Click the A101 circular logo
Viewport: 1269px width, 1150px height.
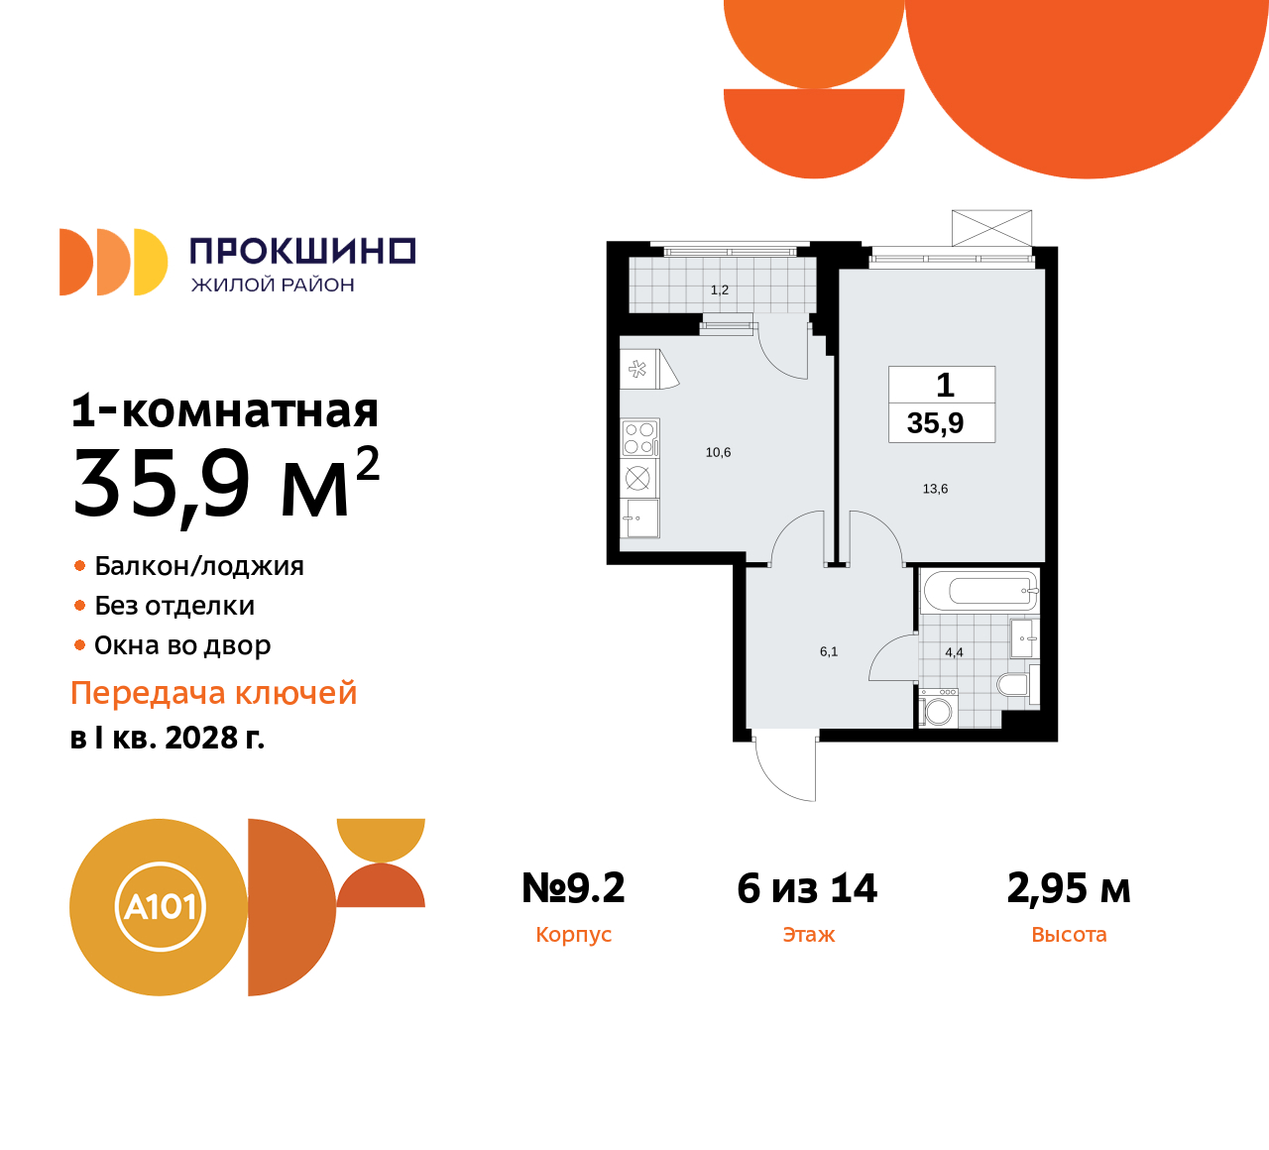(160, 907)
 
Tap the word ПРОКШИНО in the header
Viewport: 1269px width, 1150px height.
(302, 251)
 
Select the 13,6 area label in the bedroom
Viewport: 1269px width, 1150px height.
(935, 489)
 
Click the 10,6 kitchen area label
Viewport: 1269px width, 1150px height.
(718, 453)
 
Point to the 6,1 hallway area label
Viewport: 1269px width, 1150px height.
(829, 652)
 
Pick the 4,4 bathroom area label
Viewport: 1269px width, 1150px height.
(954, 652)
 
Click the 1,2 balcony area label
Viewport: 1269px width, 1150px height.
(720, 290)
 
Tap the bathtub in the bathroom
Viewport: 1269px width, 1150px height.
(980, 592)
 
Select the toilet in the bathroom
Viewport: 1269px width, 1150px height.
(1013, 685)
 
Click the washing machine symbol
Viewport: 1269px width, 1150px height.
(938, 711)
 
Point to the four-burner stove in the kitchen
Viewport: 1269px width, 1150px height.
(639, 437)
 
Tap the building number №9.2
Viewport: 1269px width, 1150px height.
(573, 888)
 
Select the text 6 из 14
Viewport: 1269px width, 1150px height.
(807, 888)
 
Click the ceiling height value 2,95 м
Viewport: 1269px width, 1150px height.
(1068, 888)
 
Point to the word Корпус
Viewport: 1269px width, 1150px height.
(573, 935)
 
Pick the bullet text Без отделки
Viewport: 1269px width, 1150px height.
(174, 606)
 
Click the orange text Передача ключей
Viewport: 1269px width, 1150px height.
(213, 693)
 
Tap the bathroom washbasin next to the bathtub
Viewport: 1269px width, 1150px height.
(1023, 638)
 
